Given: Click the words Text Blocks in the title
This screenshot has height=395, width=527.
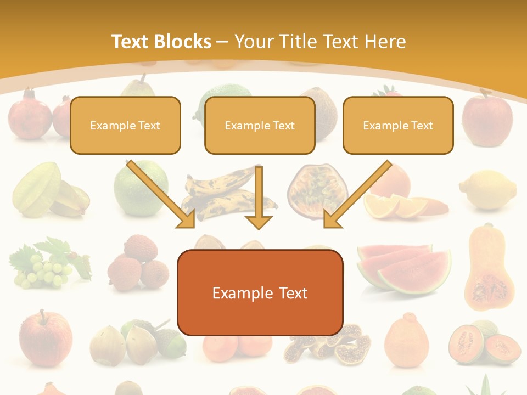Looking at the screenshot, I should (161, 42).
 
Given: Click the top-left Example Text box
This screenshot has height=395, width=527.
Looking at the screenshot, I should (125, 125).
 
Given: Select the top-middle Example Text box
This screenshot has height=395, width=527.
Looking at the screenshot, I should (260, 125).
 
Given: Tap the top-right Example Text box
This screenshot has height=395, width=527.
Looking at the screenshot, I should (398, 125).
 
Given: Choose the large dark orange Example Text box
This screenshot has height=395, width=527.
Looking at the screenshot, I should (260, 292).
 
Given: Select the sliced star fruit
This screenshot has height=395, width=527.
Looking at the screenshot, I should (49, 189).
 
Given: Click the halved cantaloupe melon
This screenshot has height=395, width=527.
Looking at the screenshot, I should (483, 343).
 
